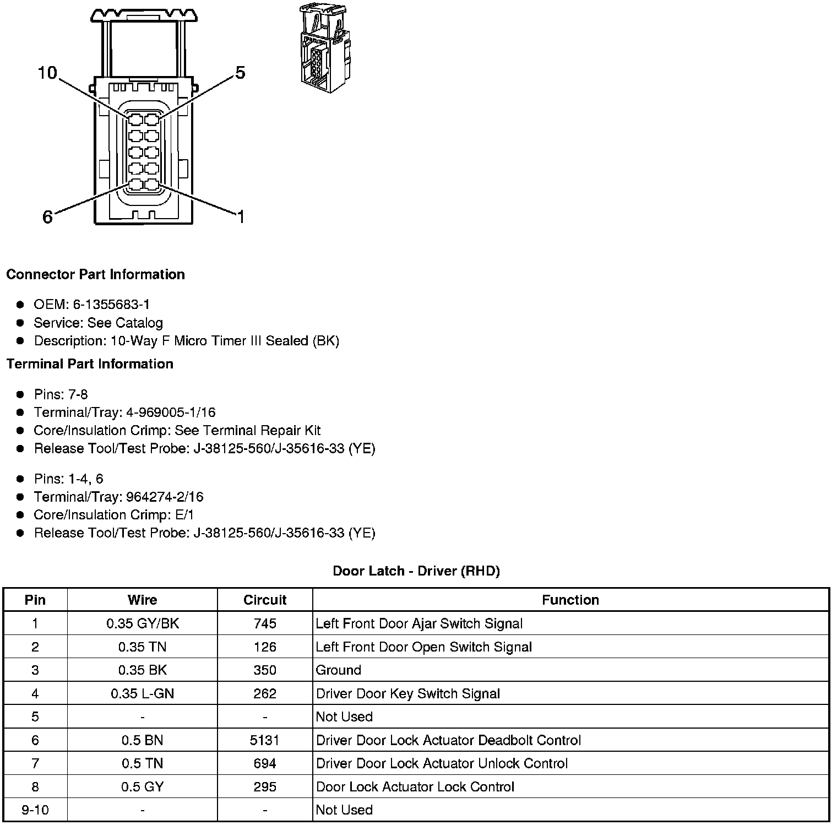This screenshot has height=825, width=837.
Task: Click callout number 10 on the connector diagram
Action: [47, 73]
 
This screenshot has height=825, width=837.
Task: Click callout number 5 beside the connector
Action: [240, 73]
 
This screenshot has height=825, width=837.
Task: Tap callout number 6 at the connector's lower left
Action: [48, 217]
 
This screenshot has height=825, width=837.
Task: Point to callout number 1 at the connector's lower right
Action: [241, 217]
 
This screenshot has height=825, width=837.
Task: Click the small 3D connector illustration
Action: [325, 48]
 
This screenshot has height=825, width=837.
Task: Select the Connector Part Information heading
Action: [95, 274]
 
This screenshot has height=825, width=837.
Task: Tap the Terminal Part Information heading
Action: [90, 364]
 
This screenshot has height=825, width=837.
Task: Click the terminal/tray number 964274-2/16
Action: [165, 497]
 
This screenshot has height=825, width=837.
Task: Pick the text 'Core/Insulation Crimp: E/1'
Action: [113, 515]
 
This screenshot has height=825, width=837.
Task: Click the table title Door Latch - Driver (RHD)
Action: [416, 571]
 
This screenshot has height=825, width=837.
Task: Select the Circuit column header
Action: [265, 600]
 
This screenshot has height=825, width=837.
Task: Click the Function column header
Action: [570, 600]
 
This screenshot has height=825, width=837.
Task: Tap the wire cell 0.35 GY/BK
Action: [143, 623]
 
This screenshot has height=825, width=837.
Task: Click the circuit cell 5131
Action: [265, 740]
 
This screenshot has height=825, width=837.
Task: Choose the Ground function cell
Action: [339, 670]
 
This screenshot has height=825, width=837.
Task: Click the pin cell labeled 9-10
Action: [35, 810]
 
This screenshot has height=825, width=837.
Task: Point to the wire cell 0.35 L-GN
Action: [143, 693]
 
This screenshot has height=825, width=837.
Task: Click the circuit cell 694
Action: [265, 763]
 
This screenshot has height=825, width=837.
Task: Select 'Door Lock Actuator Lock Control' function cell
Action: [415, 787]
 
